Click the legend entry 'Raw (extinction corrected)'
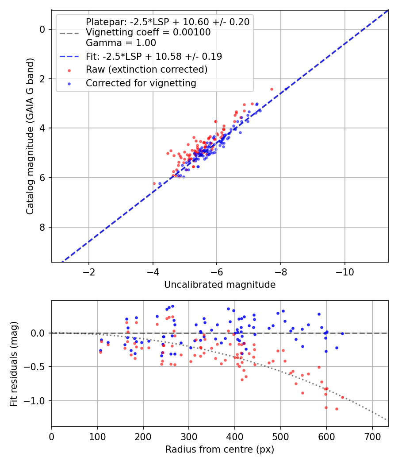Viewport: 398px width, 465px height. pyautogui.click(x=146, y=70)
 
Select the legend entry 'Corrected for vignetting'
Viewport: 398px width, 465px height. pyautogui.click(x=141, y=83)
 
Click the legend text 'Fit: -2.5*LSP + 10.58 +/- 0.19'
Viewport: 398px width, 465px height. pyautogui.click(x=154, y=57)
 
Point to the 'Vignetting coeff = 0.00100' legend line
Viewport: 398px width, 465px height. pyautogui.click(x=148, y=32)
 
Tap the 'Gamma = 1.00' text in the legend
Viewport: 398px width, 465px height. pyautogui.click(x=121, y=43)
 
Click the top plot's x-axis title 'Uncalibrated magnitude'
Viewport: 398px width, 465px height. pyautogui.click(x=220, y=285)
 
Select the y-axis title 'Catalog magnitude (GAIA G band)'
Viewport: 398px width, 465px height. pyautogui.click(x=30, y=136)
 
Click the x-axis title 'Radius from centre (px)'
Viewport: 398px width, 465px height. pyautogui.click(x=220, y=449)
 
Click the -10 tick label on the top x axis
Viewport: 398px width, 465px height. pyautogui.click(x=344, y=271)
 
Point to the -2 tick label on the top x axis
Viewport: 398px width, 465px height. pyautogui.click(x=89, y=271)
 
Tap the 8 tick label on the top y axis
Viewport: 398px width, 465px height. pyautogui.click(x=42, y=227)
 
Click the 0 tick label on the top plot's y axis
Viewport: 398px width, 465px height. pyautogui.click(x=42, y=29)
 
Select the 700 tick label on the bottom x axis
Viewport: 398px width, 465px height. pyautogui.click(x=372, y=436)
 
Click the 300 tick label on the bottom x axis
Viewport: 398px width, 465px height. pyautogui.click(x=189, y=436)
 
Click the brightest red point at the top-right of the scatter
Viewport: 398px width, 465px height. pyautogui.click(x=272, y=89)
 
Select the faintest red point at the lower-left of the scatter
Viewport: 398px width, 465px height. pyautogui.click(x=154, y=183)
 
